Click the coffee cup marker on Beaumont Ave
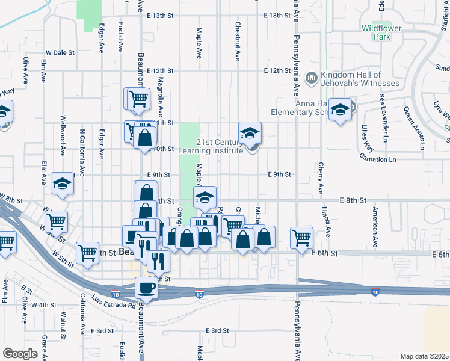tap(146, 288)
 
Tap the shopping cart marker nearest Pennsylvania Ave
tap(301, 236)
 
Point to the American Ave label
tap(374, 227)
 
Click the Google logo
tap(20, 354)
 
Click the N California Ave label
tap(82, 147)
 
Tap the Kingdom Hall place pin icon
tap(312, 77)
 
